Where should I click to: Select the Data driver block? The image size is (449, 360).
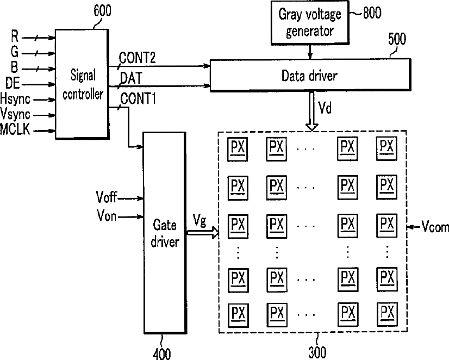(x=309, y=76)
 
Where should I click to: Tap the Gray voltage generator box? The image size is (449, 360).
(x=309, y=22)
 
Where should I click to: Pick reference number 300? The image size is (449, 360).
(x=317, y=352)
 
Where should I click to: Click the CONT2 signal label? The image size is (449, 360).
(x=139, y=58)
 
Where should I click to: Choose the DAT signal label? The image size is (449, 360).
(x=130, y=78)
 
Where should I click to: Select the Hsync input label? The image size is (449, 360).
(x=16, y=99)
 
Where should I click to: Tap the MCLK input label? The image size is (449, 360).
(x=16, y=131)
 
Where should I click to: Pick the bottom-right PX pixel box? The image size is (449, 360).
(x=386, y=313)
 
